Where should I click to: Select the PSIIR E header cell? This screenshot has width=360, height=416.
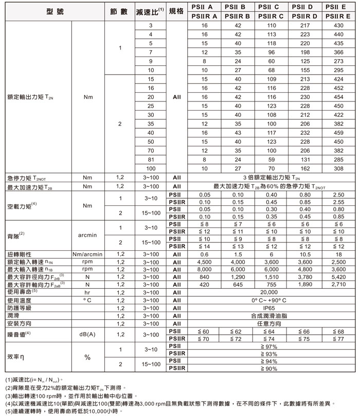(338, 16)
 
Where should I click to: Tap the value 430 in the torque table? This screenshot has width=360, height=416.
(338, 25)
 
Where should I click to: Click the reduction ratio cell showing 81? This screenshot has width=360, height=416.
(151, 160)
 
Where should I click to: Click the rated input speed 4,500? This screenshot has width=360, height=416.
(205, 262)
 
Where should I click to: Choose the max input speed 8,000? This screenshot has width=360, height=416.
(205, 269)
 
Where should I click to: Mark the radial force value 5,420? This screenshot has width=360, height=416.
(338, 277)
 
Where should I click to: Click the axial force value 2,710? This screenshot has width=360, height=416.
(338, 284)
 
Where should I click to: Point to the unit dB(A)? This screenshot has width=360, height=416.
(87, 335)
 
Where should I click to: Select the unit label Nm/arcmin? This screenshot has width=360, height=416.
(87, 254)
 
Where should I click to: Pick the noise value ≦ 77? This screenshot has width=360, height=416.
(338, 339)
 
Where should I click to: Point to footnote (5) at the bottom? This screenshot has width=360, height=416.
(64, 411)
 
